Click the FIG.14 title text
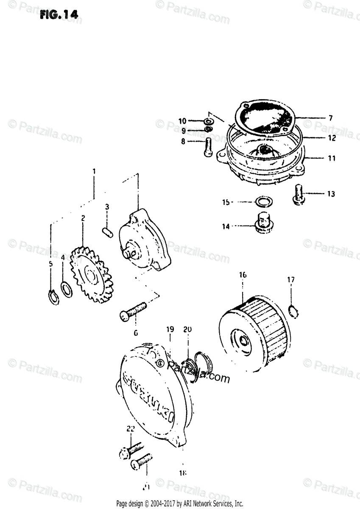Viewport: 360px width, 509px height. click(x=59, y=14)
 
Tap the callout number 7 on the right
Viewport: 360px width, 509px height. click(x=331, y=117)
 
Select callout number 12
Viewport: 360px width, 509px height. click(x=331, y=138)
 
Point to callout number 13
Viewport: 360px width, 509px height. click(x=331, y=194)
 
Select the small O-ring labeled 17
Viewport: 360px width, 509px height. click(x=292, y=312)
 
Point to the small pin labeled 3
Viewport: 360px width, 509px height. click(x=108, y=233)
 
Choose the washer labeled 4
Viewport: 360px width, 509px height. click(x=66, y=289)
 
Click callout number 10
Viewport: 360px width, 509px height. click(x=182, y=121)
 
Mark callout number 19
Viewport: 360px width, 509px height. click(x=170, y=329)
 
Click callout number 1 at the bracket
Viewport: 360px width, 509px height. click(x=94, y=171)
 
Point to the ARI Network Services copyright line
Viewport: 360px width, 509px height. click(x=180, y=503)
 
